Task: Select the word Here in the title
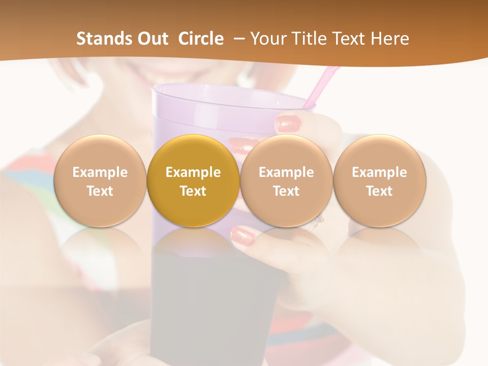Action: (x=390, y=39)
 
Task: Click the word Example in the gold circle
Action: (x=193, y=172)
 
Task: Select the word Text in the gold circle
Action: (x=193, y=191)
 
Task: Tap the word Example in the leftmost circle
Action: (x=100, y=172)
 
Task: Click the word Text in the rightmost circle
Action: (x=380, y=191)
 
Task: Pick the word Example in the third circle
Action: (x=286, y=172)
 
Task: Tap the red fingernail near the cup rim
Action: (x=289, y=124)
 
